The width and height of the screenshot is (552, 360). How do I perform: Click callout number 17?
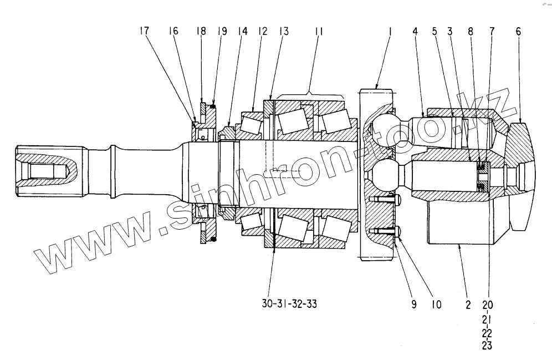click(x=144, y=32)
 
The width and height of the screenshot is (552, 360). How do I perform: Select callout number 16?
click(x=174, y=32)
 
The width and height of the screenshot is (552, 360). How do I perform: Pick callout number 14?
click(x=243, y=32)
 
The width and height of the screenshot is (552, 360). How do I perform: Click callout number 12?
click(x=262, y=32)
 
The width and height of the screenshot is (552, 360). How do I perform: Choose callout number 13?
click(x=284, y=32)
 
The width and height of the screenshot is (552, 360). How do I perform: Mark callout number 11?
click(x=319, y=32)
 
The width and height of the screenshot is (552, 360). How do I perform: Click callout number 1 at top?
click(x=390, y=32)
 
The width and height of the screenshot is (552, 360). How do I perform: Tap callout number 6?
click(x=518, y=32)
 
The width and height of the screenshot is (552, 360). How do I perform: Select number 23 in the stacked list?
click(x=487, y=346)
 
